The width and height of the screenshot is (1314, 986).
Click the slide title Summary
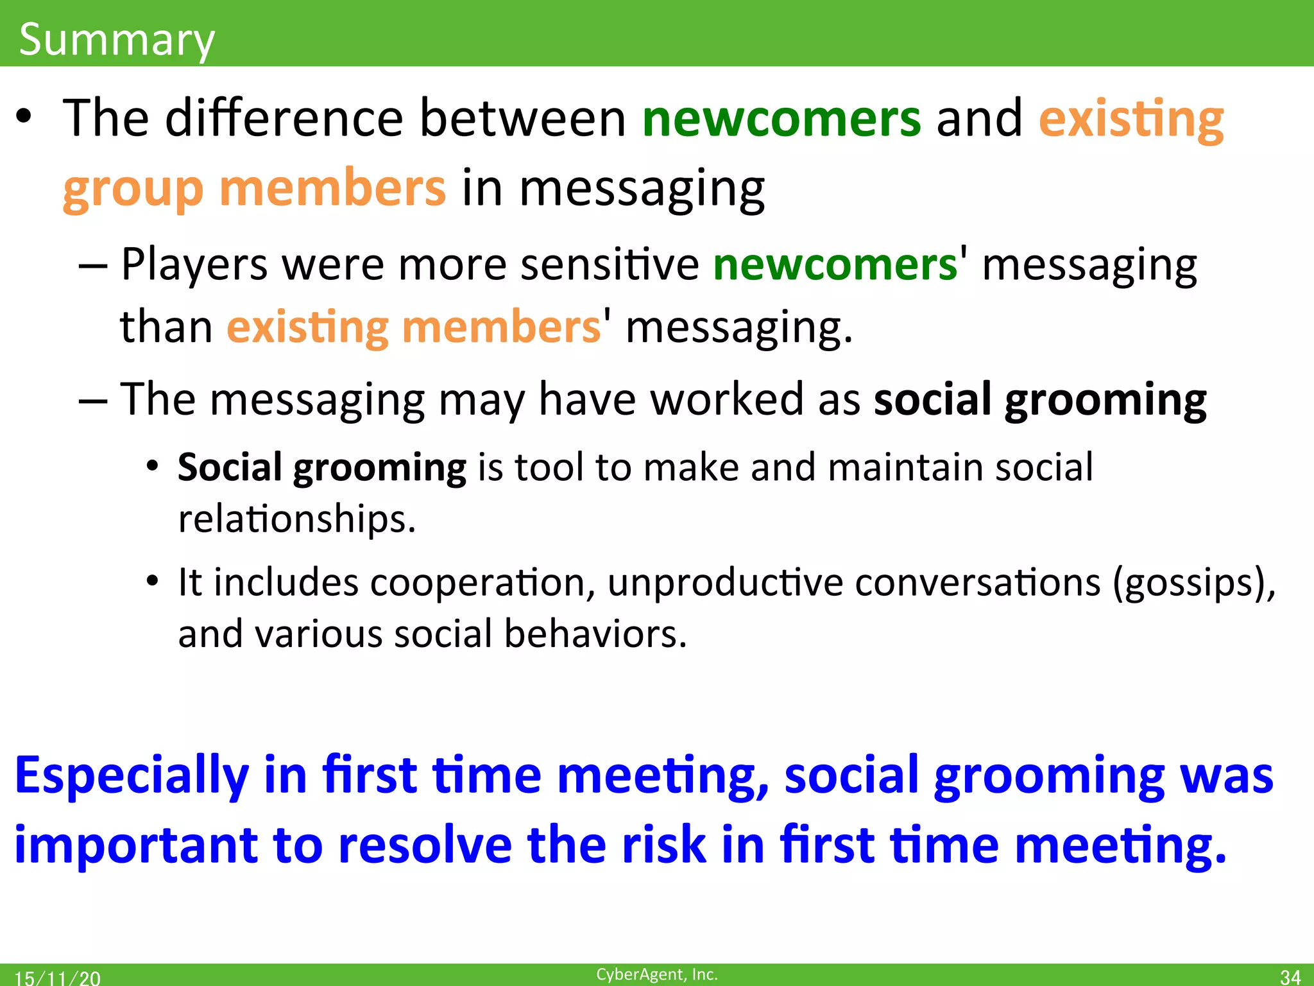(117, 40)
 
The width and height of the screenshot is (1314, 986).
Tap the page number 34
(1290, 976)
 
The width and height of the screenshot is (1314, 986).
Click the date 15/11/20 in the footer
(57, 978)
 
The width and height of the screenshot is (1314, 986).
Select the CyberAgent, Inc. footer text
(656, 974)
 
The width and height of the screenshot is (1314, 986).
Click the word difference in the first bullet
(284, 118)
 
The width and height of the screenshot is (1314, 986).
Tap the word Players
(194, 264)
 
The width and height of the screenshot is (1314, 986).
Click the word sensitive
(610, 264)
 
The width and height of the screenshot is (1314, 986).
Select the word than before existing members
(166, 327)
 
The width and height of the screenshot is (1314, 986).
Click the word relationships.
(296, 519)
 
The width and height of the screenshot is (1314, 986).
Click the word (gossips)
(1193, 583)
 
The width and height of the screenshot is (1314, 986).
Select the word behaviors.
(595, 634)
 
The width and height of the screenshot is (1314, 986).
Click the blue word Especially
(132, 776)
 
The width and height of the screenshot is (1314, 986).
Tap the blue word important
(135, 845)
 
